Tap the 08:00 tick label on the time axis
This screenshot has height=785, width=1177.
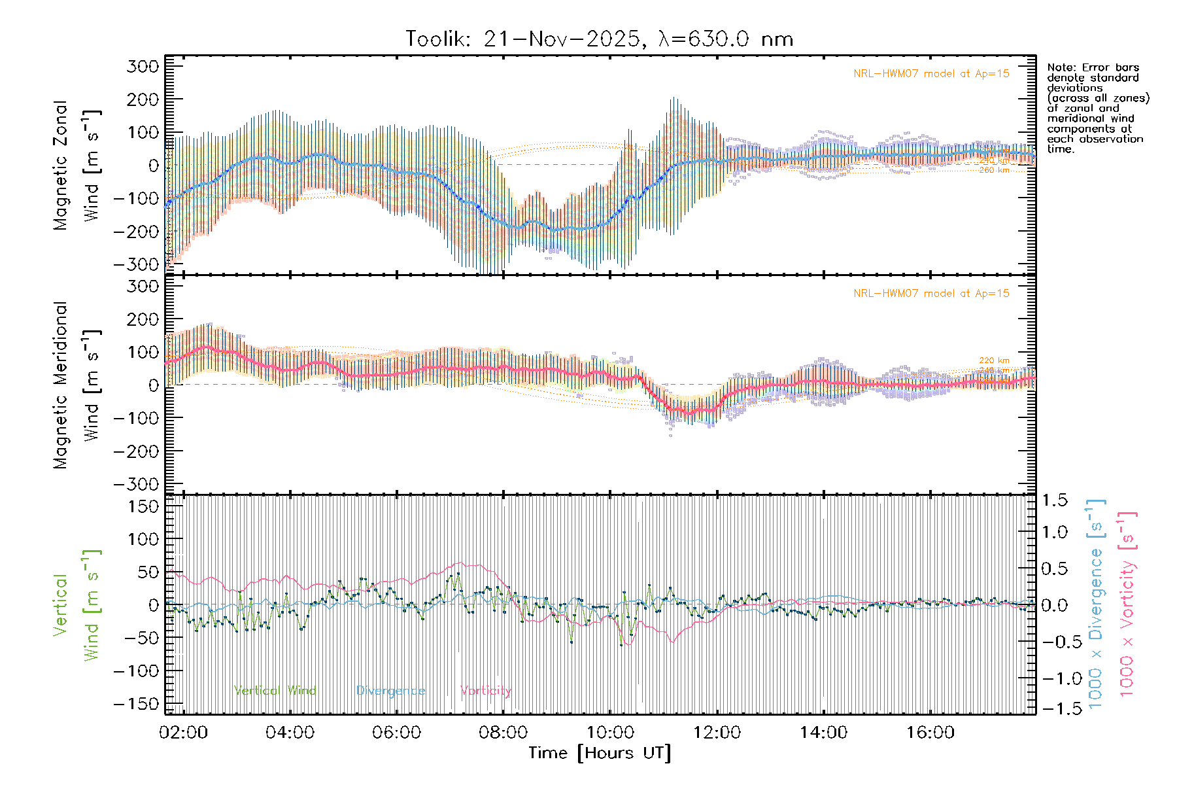click(503, 733)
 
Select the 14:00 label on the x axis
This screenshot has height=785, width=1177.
click(823, 733)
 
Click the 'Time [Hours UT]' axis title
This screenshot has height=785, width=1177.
click(600, 754)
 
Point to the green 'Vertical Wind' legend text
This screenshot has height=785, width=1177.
click(275, 691)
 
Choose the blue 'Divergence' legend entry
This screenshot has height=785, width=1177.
click(390, 691)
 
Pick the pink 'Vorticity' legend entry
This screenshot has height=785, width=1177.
click(485, 691)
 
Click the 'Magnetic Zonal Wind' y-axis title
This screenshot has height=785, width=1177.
click(77, 165)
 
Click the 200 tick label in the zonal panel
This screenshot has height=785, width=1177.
click(143, 99)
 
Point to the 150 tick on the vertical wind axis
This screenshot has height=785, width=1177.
click(143, 506)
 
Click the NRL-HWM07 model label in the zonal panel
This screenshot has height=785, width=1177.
click(931, 74)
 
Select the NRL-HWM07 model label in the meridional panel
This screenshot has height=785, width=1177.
click(931, 294)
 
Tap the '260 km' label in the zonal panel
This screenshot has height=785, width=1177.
click(994, 170)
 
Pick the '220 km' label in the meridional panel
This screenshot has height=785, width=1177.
click(994, 360)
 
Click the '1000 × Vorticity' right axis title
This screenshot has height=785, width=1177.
click(1127, 603)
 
